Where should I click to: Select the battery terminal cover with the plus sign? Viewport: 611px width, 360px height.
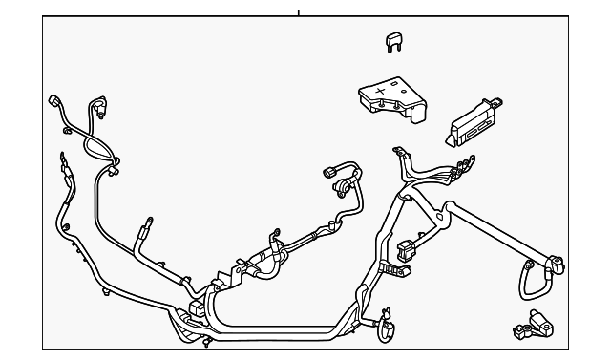(390, 101)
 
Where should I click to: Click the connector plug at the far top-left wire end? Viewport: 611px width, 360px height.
(54, 101)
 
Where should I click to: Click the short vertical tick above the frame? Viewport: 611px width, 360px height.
(298, 12)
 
